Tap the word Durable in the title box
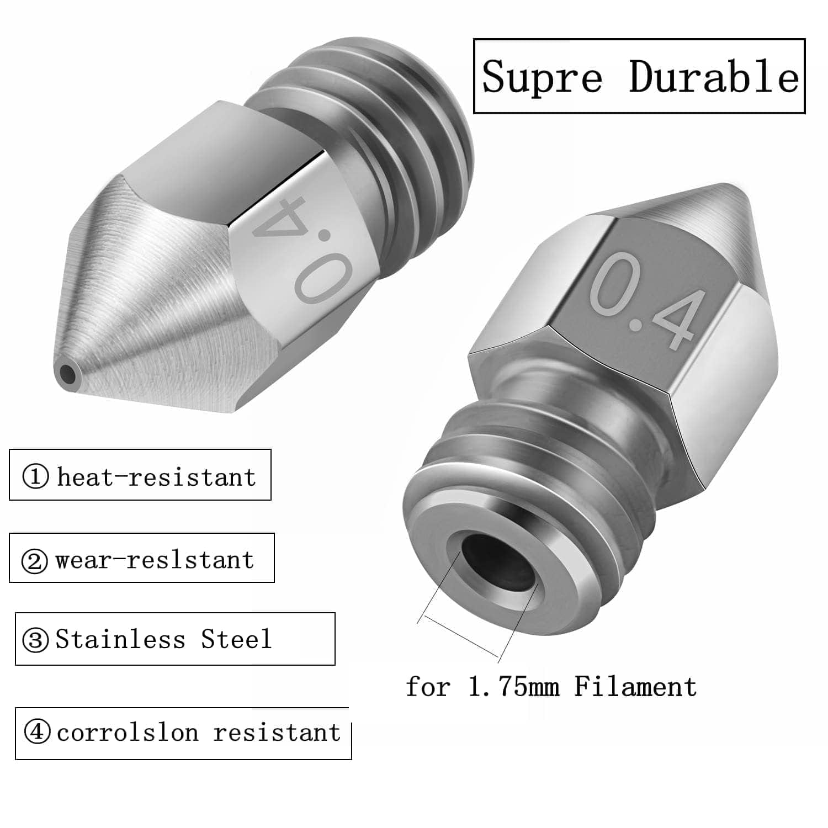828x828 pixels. click(x=714, y=77)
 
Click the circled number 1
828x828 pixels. click(x=36, y=476)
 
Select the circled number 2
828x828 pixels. click(x=34, y=561)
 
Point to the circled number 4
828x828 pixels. click(x=38, y=733)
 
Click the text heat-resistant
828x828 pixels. click(x=156, y=476)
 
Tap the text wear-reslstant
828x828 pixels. click(x=155, y=560)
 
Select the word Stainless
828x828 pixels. click(x=120, y=639)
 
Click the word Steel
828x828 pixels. click(x=236, y=639)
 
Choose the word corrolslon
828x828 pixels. click(x=128, y=733)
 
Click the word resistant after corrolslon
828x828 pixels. click(x=277, y=733)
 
